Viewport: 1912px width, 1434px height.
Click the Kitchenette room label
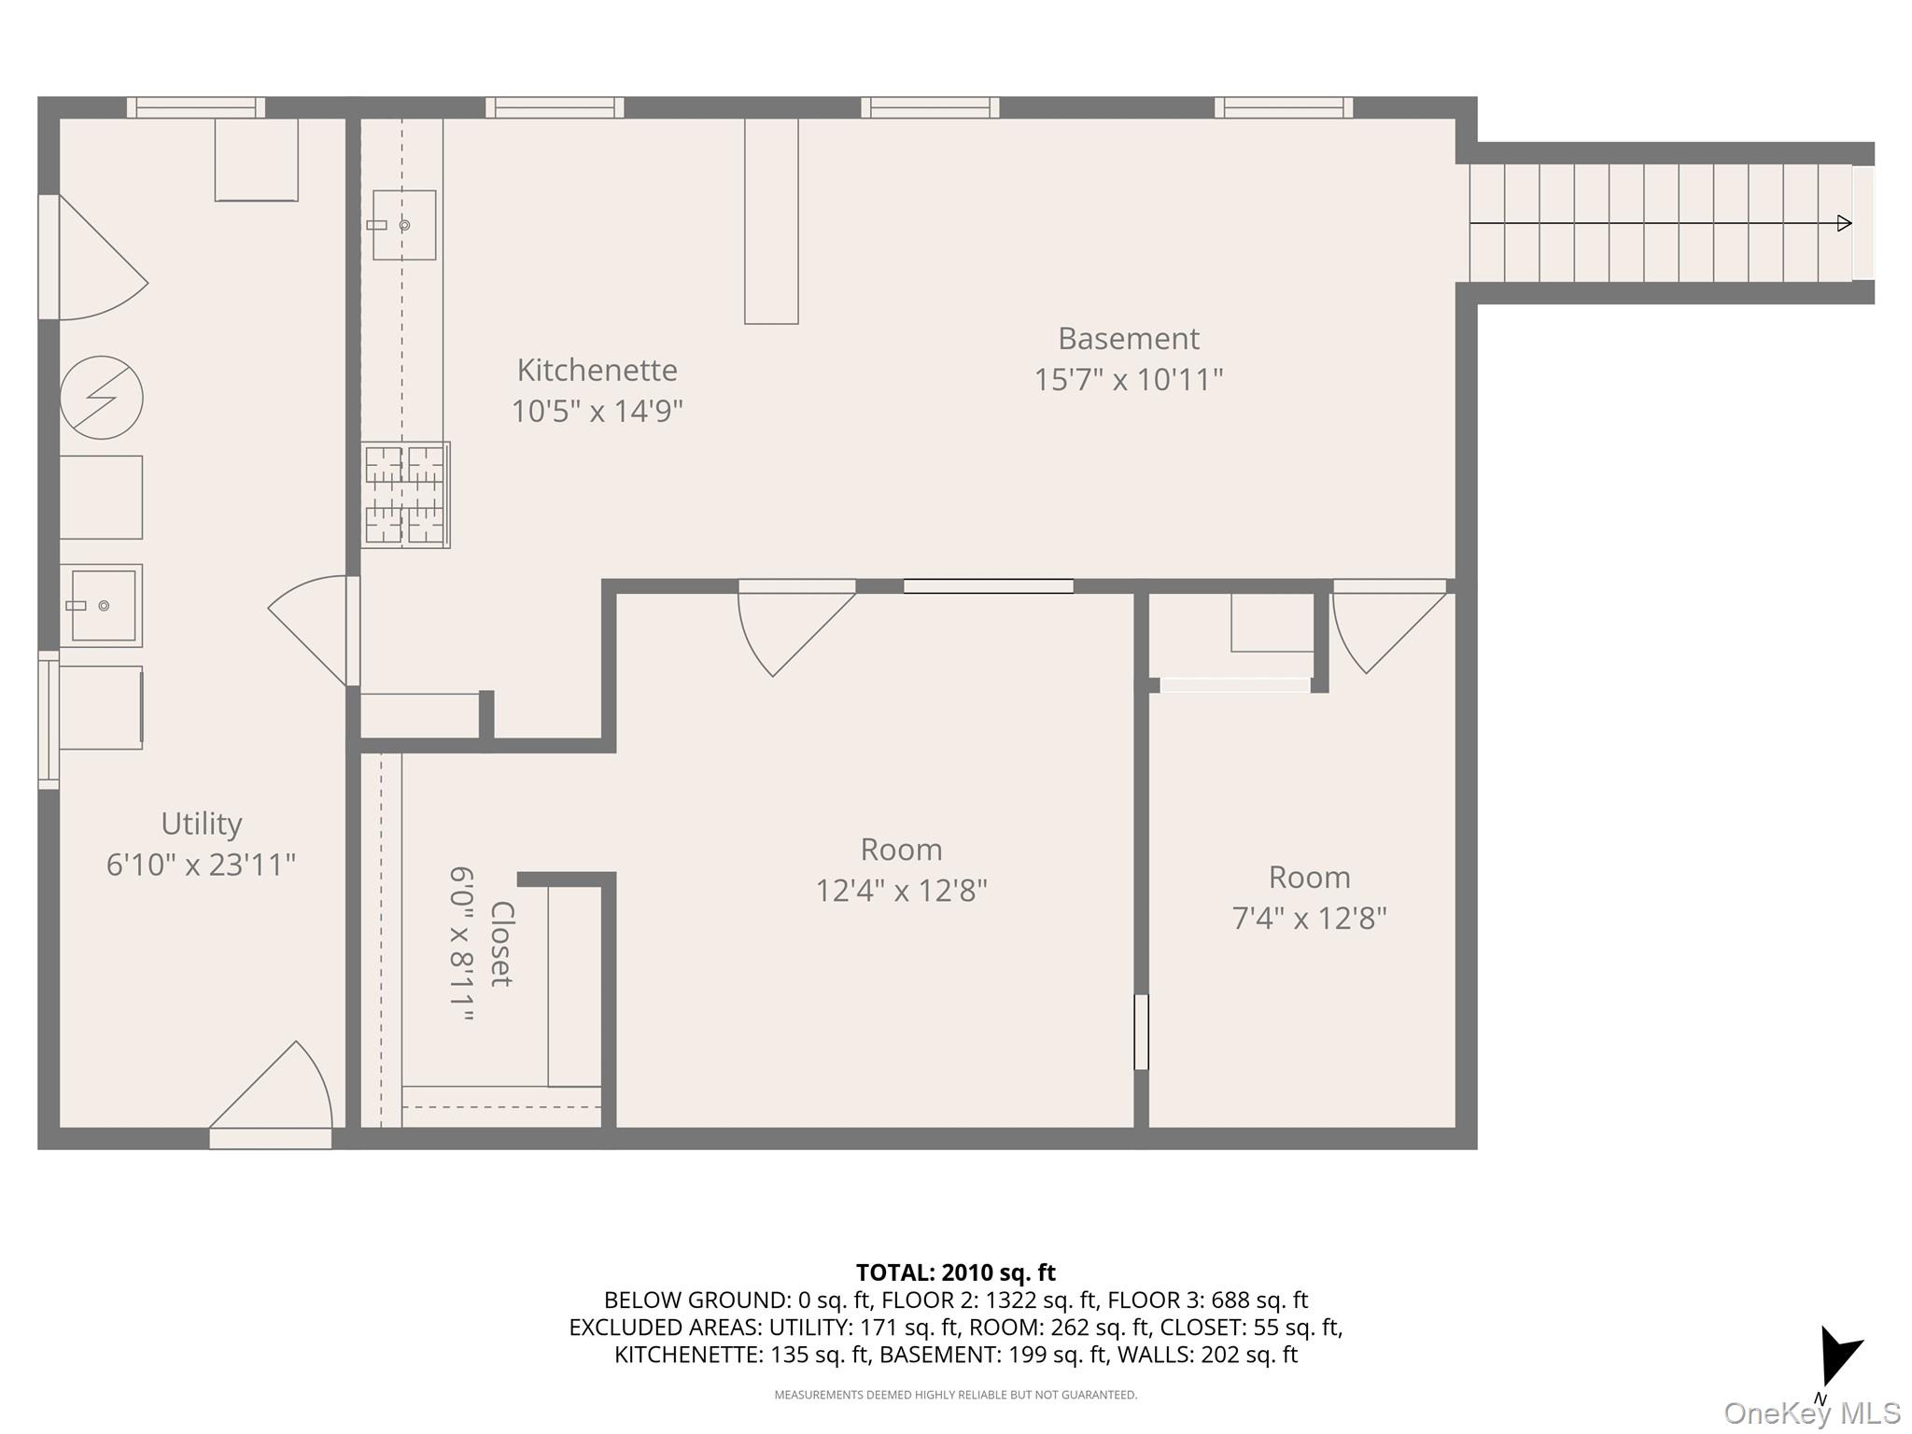(597, 370)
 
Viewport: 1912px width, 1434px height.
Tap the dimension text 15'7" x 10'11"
(1128, 380)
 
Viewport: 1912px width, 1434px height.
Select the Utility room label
(201, 823)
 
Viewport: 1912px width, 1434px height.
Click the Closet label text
(501, 944)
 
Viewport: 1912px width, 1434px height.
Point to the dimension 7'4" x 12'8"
(1309, 919)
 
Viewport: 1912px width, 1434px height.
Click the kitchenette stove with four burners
(405, 495)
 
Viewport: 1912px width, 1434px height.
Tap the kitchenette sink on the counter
(403, 225)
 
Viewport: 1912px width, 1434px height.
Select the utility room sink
(102, 606)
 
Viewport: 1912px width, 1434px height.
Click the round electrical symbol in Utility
(101, 397)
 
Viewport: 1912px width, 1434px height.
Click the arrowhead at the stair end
(1844, 223)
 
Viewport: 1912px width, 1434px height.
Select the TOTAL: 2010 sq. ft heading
(955, 1272)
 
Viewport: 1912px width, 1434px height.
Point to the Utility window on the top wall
(195, 107)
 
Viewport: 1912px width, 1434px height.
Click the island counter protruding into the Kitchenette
(771, 221)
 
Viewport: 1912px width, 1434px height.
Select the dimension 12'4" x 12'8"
(901, 891)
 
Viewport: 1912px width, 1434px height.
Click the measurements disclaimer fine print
(955, 1395)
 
